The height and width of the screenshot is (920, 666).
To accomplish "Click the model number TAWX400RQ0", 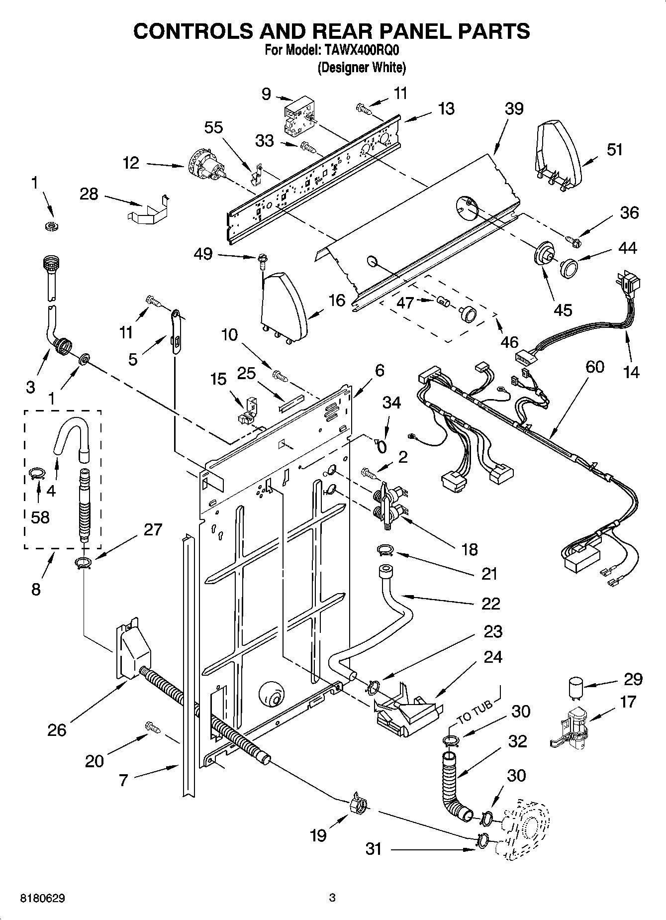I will coord(361,51).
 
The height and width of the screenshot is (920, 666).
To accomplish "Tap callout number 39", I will coord(514,108).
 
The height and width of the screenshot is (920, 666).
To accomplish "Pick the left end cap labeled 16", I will coord(283,306).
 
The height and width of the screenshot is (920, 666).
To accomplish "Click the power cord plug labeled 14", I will coord(629,285).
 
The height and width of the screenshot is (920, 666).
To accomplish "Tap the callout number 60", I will coord(594,367).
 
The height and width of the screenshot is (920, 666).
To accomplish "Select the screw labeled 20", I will coord(153,727).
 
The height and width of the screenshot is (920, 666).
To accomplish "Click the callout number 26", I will coord(57,730).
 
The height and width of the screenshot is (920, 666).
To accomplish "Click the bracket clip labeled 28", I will coord(147,209).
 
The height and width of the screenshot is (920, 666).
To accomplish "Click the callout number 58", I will coord(40,517).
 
